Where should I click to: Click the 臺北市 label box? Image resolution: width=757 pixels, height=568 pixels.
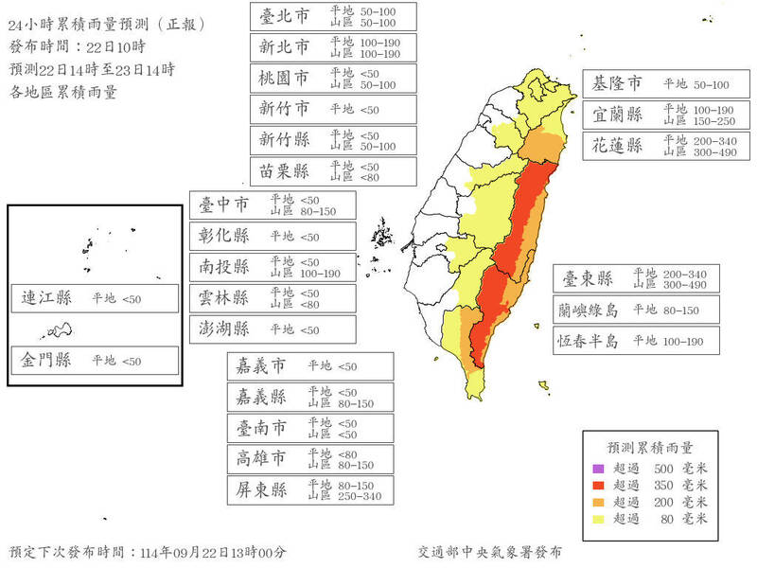coord(333,16)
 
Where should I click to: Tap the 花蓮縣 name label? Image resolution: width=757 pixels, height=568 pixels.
coord(617,146)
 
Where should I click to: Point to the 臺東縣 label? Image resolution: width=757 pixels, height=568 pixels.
coord(589,278)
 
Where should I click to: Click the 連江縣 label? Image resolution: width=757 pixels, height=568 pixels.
coord(46,298)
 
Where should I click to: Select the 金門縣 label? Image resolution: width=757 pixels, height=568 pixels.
coord(46,361)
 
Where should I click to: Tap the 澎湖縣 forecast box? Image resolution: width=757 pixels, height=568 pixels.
coord(273,328)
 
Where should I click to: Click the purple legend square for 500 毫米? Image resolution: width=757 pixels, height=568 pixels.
coord(597,469)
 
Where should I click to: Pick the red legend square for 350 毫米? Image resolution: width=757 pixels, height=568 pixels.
coord(597,485)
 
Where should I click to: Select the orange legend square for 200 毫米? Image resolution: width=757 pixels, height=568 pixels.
coord(597,501)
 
